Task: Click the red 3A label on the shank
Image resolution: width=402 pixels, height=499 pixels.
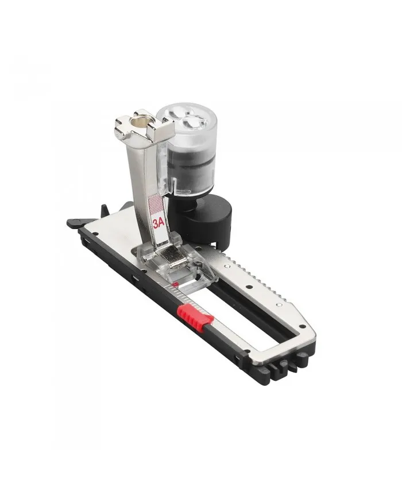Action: click(x=158, y=222)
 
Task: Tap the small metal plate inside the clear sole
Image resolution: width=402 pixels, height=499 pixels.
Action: click(x=170, y=258)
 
